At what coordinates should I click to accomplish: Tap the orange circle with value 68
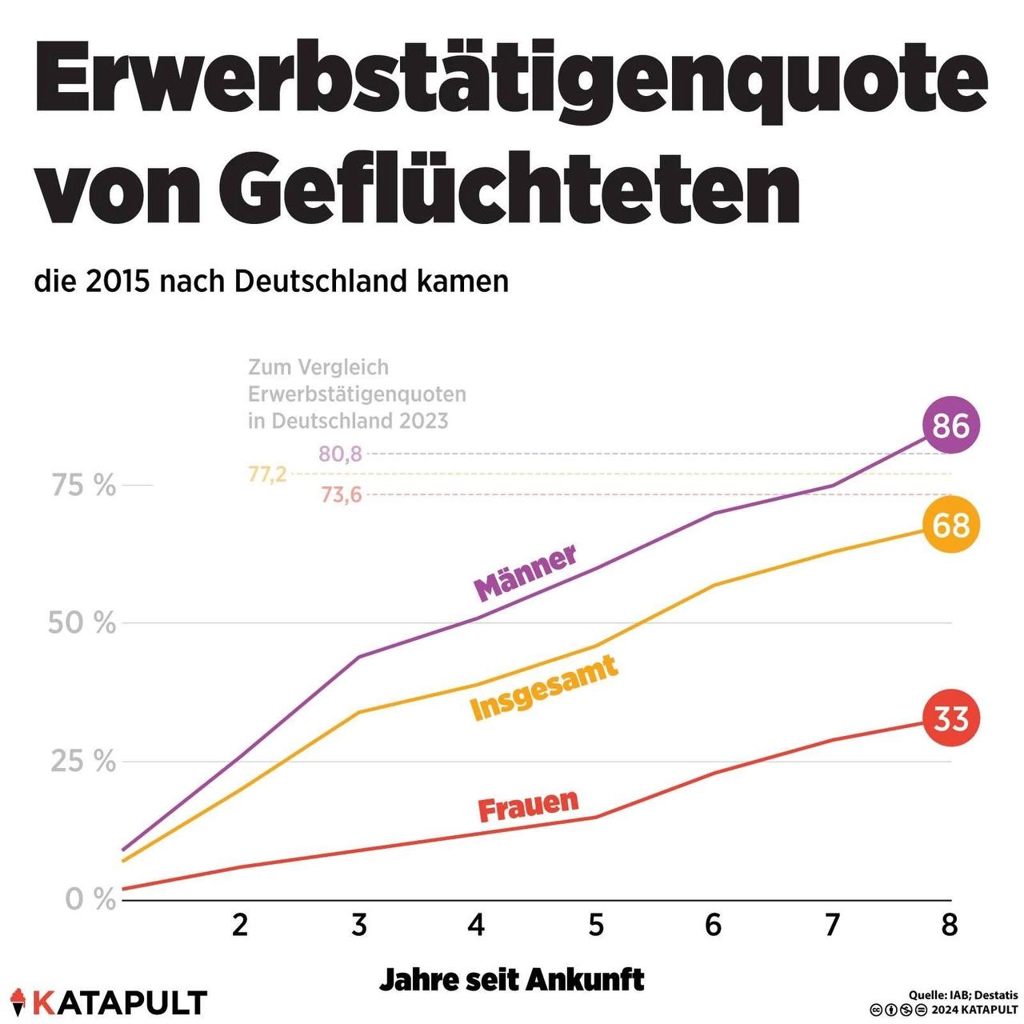point(950,525)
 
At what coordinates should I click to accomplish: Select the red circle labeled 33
point(950,718)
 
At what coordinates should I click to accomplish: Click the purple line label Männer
point(525,574)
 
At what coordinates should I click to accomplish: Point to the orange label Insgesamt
point(544,689)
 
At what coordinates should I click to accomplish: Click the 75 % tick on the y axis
point(83,486)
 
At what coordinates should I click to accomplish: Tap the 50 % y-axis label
point(82,623)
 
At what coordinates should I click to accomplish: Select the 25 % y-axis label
point(83,762)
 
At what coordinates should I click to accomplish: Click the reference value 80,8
point(340,454)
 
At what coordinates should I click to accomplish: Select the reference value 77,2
point(267,474)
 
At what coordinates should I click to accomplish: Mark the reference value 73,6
point(341,495)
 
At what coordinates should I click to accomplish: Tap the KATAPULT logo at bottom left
point(110,1003)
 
